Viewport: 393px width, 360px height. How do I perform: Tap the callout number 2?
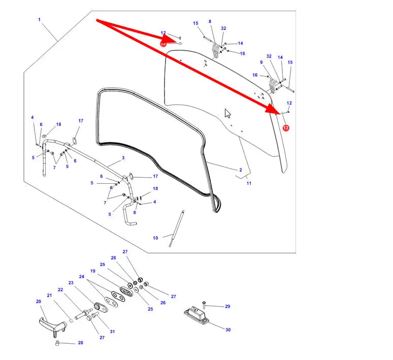coord(240,170)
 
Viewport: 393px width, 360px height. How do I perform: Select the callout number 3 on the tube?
coord(123,158)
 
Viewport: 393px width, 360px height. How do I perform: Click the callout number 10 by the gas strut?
coord(155,238)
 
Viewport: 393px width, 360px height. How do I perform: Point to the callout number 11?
coord(249,183)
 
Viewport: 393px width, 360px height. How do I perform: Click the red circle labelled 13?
coord(286,128)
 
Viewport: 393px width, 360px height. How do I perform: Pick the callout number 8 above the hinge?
coord(209,21)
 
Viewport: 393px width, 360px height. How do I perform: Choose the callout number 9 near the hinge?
coord(261,62)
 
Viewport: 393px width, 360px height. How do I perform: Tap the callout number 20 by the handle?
coord(39,301)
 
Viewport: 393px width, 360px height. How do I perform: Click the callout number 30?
coord(228,330)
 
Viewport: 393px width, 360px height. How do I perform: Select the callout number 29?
coord(227,306)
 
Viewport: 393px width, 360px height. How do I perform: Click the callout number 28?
coord(80,343)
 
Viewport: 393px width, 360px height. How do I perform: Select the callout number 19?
coord(93,271)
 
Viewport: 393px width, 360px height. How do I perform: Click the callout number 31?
coord(112,332)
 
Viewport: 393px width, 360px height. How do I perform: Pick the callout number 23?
coord(71,283)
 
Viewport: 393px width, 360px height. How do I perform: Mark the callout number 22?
coord(60,290)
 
